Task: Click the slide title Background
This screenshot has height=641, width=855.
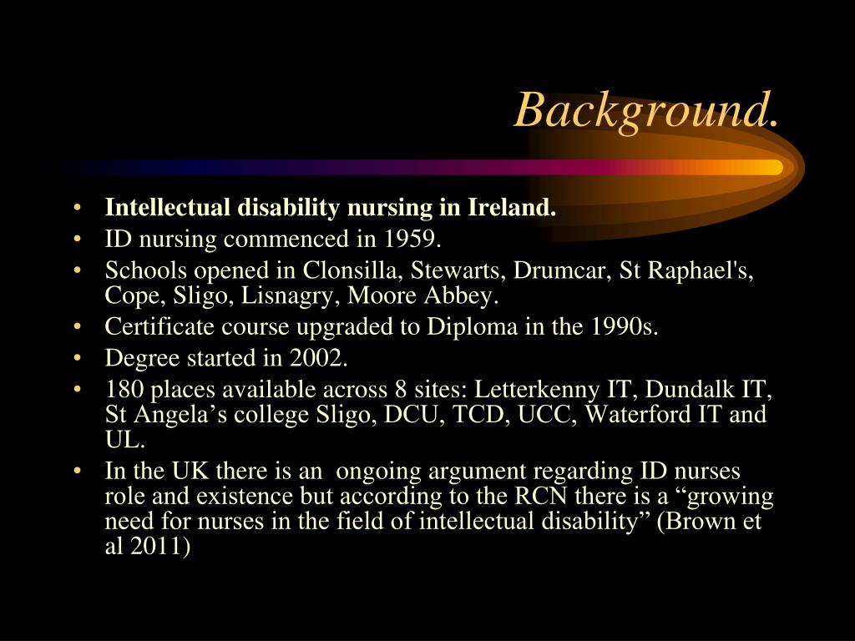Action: tap(648, 109)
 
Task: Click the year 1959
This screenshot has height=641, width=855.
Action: tap(411, 240)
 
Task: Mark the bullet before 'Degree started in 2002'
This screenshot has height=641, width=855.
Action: tap(78, 359)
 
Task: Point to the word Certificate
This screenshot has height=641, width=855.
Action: tap(154, 327)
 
